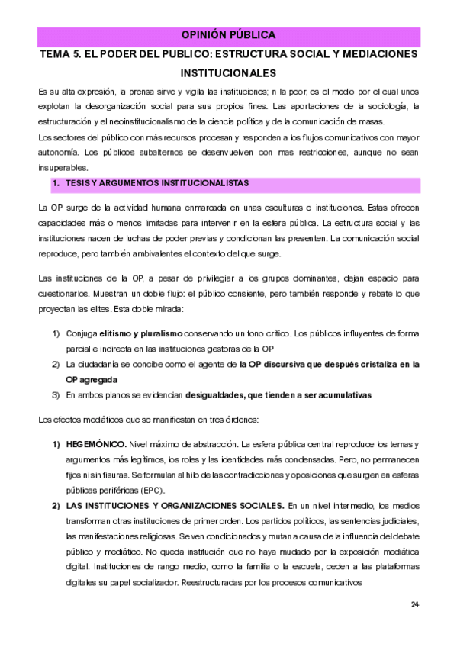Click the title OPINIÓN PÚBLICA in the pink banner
click(228, 36)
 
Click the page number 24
click(415, 605)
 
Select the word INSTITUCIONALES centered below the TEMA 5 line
click(228, 74)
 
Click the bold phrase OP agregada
click(92, 379)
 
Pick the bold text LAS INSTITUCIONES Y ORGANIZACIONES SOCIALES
click(175, 505)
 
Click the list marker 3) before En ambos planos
click(56, 395)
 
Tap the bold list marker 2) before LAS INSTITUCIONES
click(56, 505)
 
